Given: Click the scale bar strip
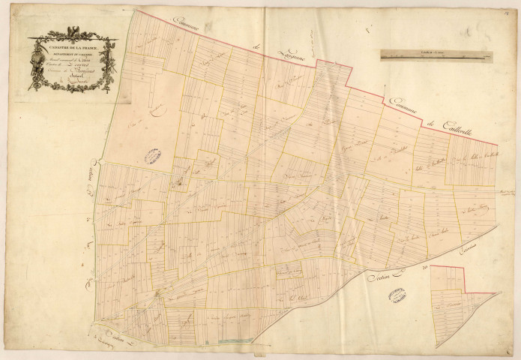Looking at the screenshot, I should tap(436, 54).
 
